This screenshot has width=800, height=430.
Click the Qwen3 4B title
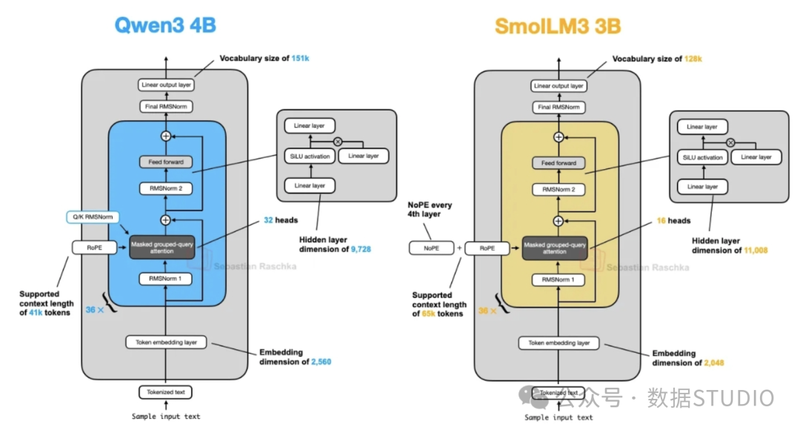pyautogui.click(x=164, y=24)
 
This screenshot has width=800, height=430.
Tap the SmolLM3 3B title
pyautogui.click(x=558, y=27)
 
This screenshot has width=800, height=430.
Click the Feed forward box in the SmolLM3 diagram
pyautogui.click(x=559, y=163)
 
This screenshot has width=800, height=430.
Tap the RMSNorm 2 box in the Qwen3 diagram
pyautogui.click(x=166, y=188)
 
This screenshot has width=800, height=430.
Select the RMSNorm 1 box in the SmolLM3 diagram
pyautogui.click(x=559, y=279)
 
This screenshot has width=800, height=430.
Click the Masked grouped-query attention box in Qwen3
pyautogui.click(x=166, y=247)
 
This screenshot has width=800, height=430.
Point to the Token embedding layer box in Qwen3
pyautogui.click(x=166, y=343)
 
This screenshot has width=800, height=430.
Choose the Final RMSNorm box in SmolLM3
pyautogui.click(x=559, y=107)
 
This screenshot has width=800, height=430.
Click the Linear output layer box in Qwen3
pyautogui.click(x=165, y=85)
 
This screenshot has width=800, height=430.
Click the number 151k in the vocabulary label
pyautogui.click(x=300, y=58)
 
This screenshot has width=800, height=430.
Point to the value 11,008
pyautogui.click(x=751, y=251)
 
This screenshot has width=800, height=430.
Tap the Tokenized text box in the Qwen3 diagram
pyautogui.click(x=165, y=392)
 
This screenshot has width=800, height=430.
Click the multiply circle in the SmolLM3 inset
pyautogui.click(x=730, y=142)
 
